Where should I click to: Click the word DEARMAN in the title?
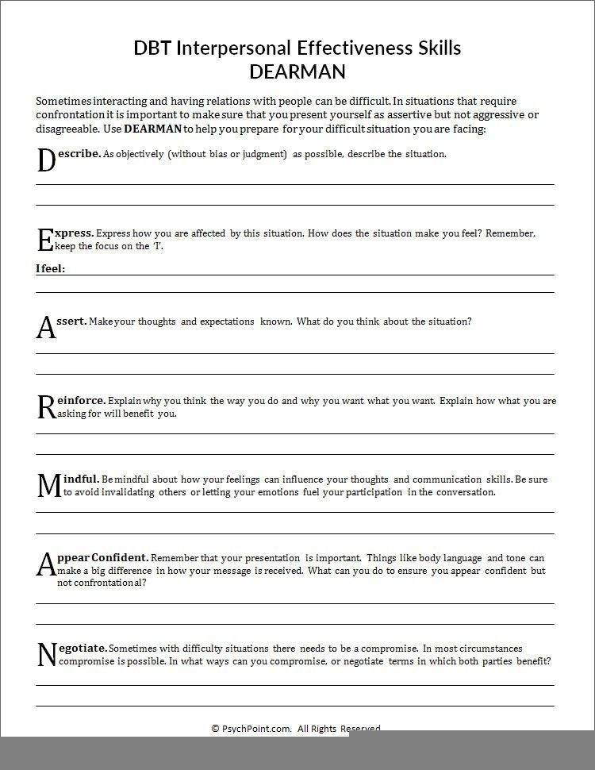[297, 71]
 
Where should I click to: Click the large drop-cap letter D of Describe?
[45, 160]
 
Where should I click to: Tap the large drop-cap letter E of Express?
[44, 240]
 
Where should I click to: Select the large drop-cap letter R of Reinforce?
[45, 407]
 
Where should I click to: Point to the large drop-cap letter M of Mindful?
[48, 485]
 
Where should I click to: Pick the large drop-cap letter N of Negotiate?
[47, 655]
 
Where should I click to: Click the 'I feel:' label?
[50, 268]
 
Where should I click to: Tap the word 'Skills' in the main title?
[432, 48]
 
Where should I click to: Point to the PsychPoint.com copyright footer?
[296, 728]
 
